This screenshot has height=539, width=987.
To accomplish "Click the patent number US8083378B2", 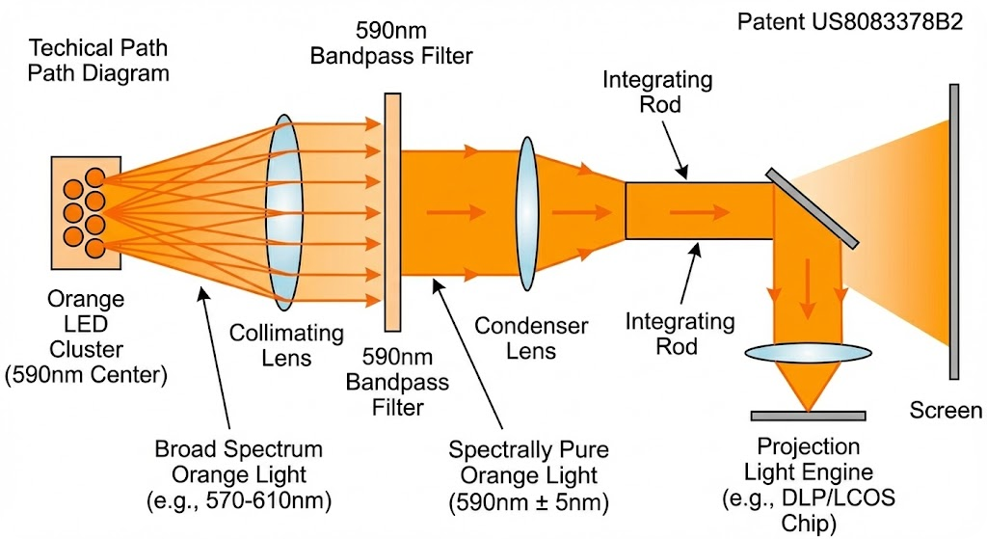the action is coord(887,22).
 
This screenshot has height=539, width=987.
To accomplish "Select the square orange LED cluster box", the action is coord(86,213).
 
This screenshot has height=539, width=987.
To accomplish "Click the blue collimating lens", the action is coord(284,212).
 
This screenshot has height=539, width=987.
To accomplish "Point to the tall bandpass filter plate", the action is coord(393,212).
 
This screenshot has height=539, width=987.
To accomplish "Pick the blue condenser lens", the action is coord(527,213).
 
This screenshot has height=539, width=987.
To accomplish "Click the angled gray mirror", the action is coord(812,208).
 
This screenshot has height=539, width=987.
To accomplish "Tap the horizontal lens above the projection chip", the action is coord(809,353).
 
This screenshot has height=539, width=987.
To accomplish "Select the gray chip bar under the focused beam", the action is coord(809,416).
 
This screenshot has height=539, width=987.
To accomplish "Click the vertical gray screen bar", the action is coord(954,231).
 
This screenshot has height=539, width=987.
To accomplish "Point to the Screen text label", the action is coord(946,411).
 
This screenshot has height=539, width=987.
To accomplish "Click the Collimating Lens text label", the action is coord(286,345).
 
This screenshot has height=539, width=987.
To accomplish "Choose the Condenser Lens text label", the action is coord(531,338).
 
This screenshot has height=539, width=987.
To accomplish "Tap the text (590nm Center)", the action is coord(86,375).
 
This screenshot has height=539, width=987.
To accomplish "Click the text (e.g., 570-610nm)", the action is coord(239,500).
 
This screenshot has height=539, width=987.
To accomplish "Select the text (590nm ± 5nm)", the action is coord(529,501).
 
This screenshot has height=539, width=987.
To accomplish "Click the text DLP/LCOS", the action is coord(838,498).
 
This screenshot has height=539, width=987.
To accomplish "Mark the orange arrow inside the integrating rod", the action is coord(700,212).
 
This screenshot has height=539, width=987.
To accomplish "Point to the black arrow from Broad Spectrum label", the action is coord(214,357).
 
